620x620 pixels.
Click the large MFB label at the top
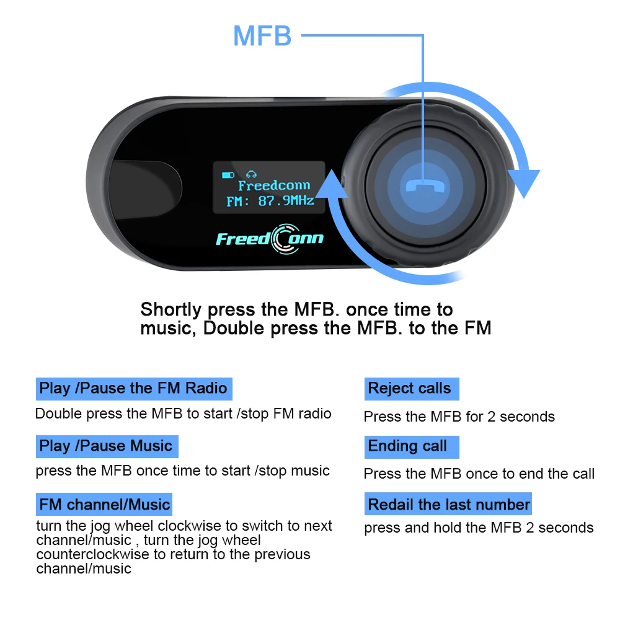coord(262,36)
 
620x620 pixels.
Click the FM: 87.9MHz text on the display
coord(270,200)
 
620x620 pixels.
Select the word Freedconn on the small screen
coord(273,185)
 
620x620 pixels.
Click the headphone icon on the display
coord(251,174)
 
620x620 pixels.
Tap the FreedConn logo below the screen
coord(269,238)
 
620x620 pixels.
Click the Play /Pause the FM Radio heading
coord(133,389)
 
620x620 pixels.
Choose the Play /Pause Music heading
coord(106,446)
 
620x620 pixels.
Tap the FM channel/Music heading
coord(104,504)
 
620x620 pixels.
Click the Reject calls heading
coord(410,389)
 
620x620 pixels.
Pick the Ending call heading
coord(408,446)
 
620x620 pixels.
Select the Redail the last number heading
coord(449,504)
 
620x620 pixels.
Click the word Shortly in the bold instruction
coord(171,309)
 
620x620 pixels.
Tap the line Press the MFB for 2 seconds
coord(459,417)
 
